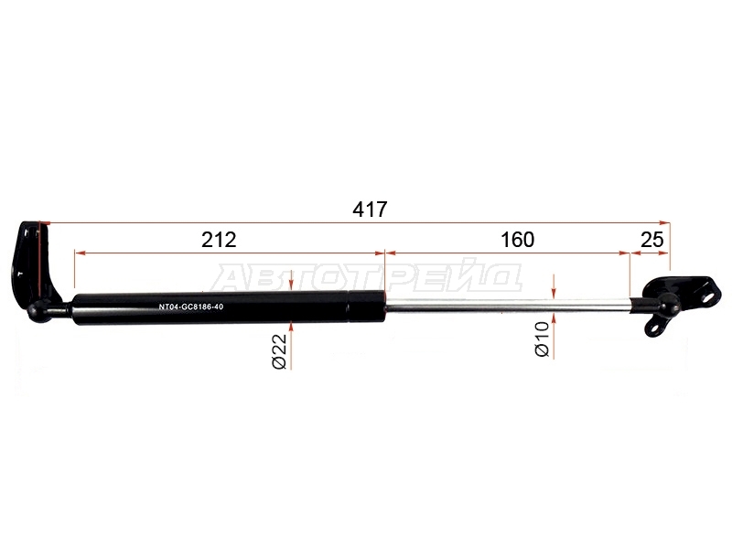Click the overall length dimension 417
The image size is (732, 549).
click(x=370, y=210)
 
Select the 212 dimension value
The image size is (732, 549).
click(x=219, y=240)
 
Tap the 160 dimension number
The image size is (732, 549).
click(x=517, y=240)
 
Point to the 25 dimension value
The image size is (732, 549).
click(x=651, y=240)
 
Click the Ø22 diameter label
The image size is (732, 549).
click(x=280, y=351)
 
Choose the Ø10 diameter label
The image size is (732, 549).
click(x=542, y=339)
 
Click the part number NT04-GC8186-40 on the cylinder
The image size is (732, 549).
click(x=191, y=307)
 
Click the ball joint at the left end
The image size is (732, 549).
click(x=38, y=311)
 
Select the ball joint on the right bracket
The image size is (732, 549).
click(x=668, y=304)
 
